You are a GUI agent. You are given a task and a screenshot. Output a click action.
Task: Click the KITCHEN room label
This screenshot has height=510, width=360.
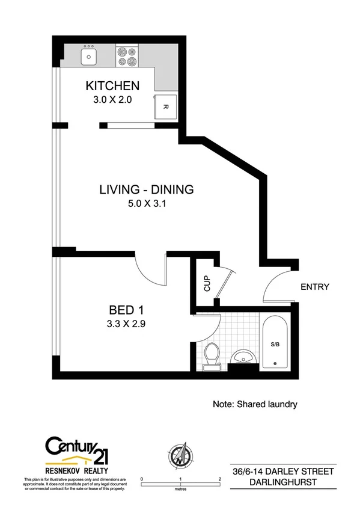[x=112, y=85]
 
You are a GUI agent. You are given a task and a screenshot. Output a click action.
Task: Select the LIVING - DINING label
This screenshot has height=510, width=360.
[x=146, y=189]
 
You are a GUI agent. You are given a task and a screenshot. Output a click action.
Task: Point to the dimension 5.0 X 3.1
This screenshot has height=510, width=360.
[x=146, y=203]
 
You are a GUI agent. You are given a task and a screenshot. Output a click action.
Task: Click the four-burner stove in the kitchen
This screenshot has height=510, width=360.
[x=126, y=56]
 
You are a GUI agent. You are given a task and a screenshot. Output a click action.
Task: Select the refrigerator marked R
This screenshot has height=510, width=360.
[x=166, y=107]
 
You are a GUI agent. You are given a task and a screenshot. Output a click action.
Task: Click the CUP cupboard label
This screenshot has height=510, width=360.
[x=206, y=283]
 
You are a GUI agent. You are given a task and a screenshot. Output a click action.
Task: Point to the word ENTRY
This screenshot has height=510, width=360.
[x=315, y=287]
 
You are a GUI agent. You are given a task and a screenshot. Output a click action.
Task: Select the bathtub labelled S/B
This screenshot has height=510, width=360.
[x=275, y=342]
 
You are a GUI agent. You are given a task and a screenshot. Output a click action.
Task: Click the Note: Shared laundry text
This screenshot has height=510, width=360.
[x=255, y=404]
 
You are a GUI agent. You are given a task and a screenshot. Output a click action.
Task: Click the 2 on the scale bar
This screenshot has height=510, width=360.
[x=220, y=479]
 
